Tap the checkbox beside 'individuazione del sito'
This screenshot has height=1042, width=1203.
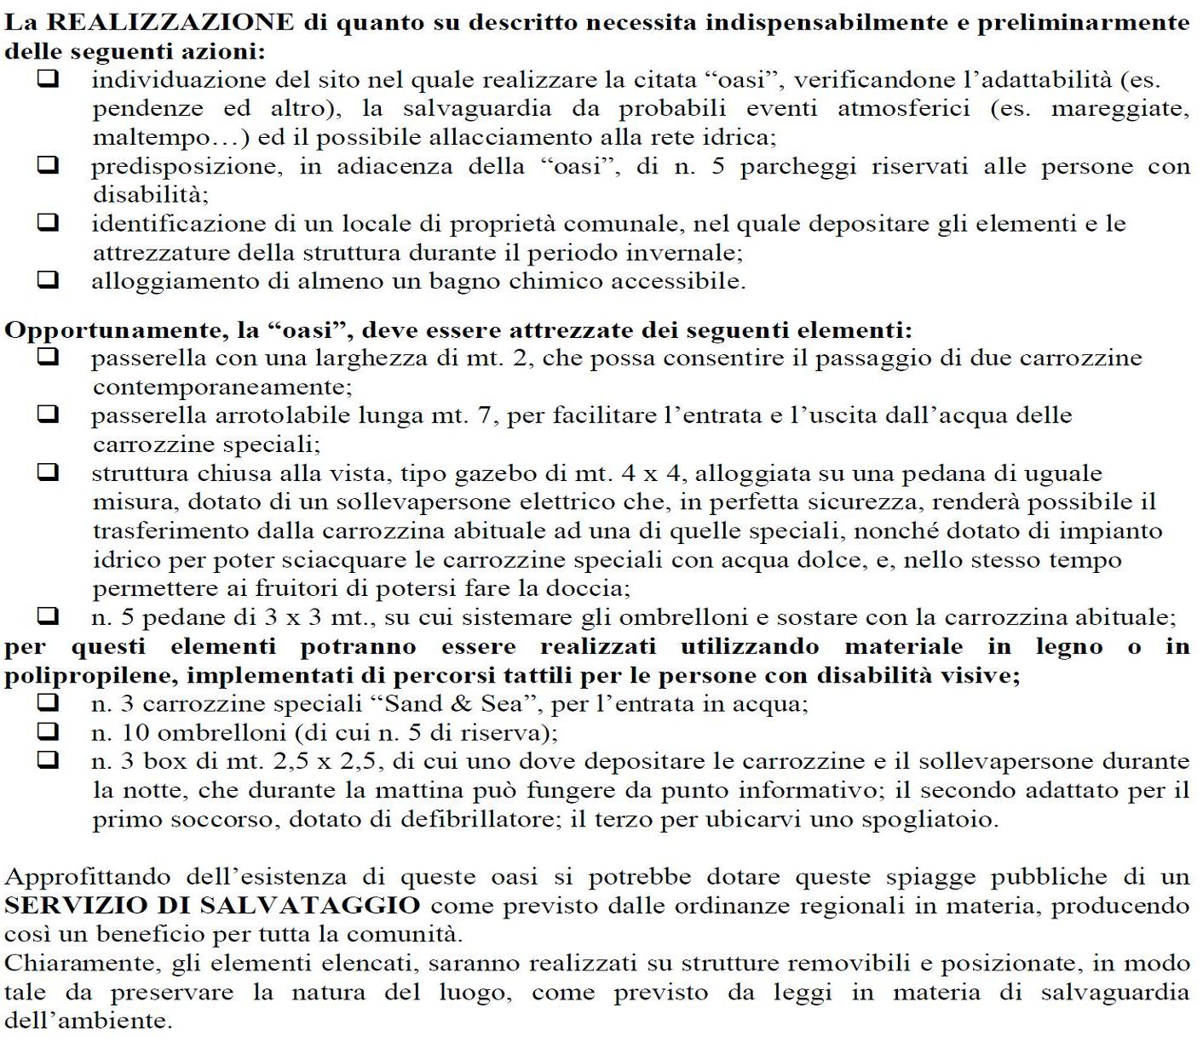[49, 79]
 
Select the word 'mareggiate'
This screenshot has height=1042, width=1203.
[1120, 109]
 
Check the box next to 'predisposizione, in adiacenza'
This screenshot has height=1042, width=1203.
[49, 166]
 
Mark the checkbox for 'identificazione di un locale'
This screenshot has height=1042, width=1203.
[49, 223]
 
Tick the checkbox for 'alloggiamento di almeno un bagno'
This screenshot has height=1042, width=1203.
[49, 280]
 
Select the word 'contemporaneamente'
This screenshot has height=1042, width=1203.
[222, 387]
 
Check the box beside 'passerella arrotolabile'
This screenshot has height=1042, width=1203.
[49, 415]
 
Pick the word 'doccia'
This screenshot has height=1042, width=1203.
[589, 588]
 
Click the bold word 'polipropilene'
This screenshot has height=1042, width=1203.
[88, 676]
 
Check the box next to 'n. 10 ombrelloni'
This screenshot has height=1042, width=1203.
[49, 731]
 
